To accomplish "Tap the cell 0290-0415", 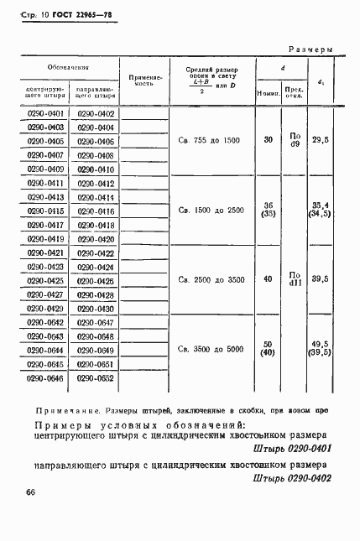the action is (46, 211).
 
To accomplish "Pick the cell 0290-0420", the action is (95, 238).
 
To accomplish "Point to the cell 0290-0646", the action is (46, 377).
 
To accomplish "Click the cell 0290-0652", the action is (95, 377).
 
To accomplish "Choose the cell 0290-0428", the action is (95, 294).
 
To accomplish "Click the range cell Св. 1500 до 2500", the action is (210, 210).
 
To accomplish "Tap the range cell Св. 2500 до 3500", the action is (210, 280).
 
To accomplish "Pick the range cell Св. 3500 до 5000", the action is (210, 349).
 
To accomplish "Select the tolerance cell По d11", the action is (294, 278).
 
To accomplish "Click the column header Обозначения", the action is (70, 65).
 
